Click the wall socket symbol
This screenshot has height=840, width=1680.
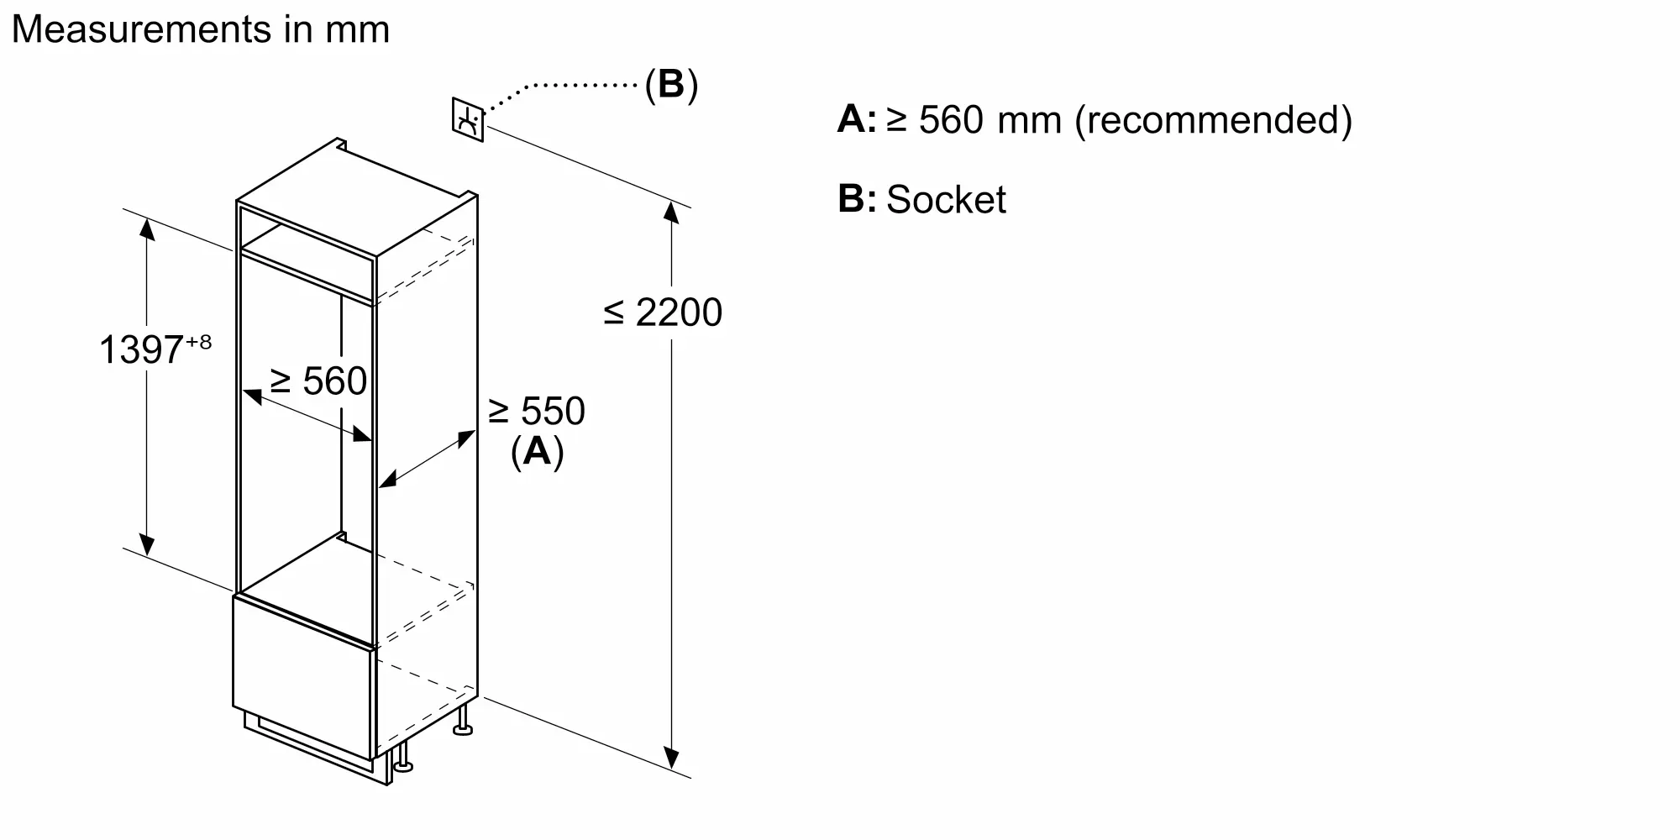click(468, 120)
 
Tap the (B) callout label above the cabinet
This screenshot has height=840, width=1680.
click(671, 85)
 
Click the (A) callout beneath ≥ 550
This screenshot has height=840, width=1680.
click(537, 451)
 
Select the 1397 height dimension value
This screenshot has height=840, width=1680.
click(141, 349)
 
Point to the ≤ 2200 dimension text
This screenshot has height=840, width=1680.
click(663, 312)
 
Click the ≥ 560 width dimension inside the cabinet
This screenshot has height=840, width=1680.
click(318, 381)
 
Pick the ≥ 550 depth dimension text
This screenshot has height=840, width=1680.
click(537, 411)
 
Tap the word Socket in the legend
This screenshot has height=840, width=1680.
click(946, 200)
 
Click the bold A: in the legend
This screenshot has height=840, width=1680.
click(856, 119)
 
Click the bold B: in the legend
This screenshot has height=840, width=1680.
click(856, 199)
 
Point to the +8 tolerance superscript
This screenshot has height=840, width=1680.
click(199, 342)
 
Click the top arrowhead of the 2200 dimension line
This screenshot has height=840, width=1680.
click(671, 212)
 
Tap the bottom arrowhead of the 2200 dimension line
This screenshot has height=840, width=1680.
click(671, 759)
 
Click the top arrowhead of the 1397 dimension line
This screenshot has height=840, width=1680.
click(147, 228)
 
